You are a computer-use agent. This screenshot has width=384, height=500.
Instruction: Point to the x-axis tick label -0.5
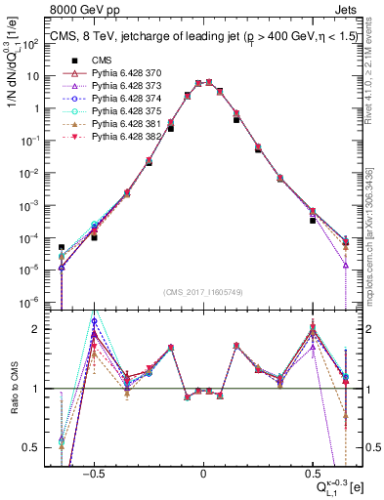(x=94, y=471)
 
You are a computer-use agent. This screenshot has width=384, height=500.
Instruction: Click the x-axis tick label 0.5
(x=312, y=471)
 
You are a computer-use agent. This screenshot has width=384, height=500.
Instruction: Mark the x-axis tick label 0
(x=203, y=471)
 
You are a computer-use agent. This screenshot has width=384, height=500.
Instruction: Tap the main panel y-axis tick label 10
(x=34, y=76)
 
